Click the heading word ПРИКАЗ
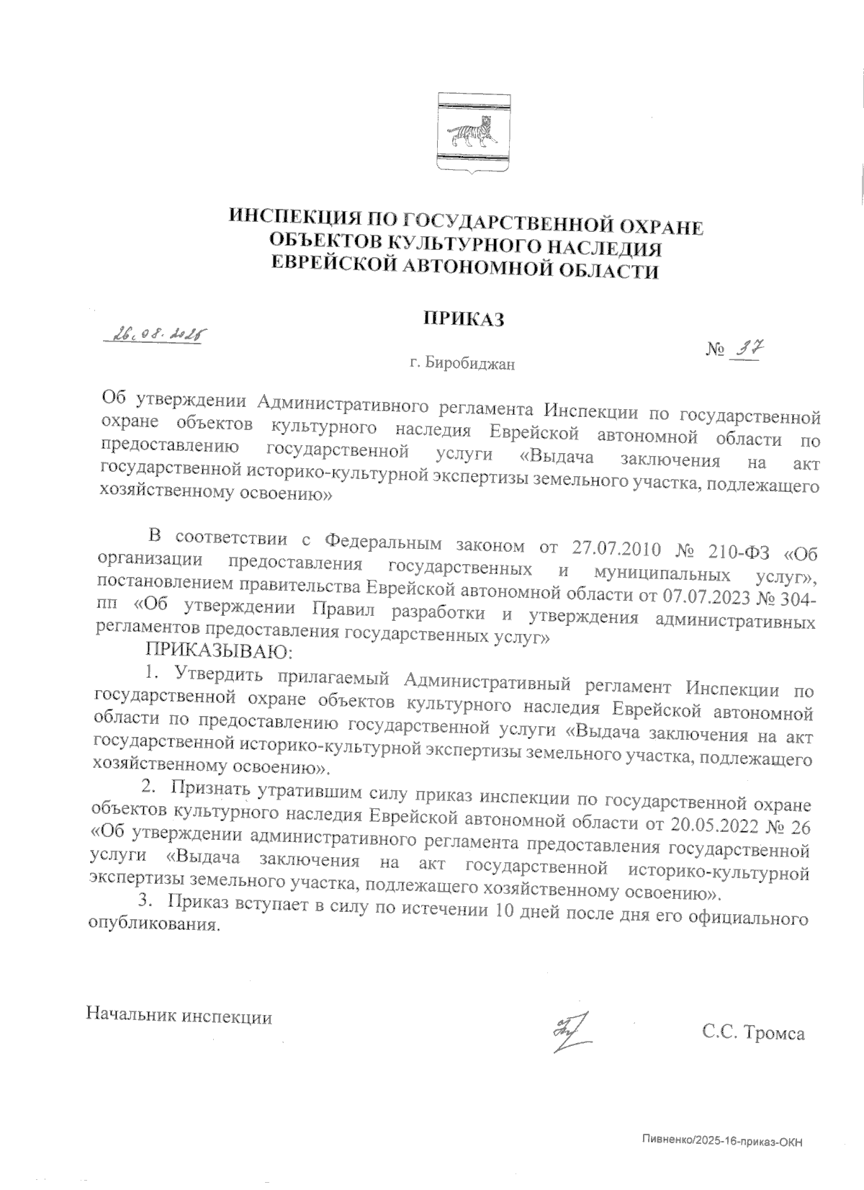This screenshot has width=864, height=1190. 462,318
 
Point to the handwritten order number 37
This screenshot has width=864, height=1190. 747,350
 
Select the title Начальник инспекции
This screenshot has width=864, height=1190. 179,1016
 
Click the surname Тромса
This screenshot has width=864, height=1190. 774,1034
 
